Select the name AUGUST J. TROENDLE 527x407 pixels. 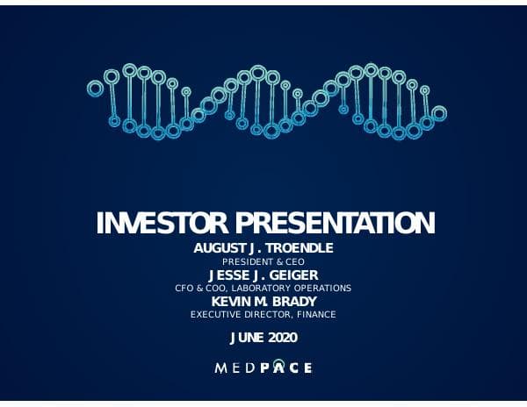[263, 248]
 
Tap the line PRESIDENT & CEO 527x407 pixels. [263, 261]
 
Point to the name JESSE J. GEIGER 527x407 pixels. [263, 275]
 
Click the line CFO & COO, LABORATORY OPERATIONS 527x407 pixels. [263, 288]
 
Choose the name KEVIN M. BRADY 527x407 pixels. [263, 301]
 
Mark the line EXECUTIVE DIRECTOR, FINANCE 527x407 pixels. [263, 314]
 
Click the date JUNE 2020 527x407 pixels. [263, 337]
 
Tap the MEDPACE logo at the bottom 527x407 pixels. [263, 368]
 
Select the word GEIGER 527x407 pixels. [293, 275]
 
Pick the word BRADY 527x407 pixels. [296, 301]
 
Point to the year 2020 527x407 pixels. [282, 337]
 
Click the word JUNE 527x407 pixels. [246, 337]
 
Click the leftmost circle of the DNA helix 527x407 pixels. [94, 86]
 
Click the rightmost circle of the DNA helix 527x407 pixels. [439, 113]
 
